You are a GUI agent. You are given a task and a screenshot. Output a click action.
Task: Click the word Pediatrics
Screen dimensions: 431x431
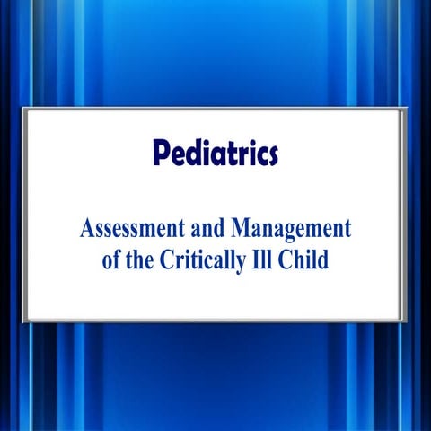click(x=215, y=154)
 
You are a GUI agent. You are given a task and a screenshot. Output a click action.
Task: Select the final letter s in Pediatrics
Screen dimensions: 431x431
click(x=271, y=155)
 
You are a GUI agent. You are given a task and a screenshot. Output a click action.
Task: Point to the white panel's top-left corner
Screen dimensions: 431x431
click(x=24, y=109)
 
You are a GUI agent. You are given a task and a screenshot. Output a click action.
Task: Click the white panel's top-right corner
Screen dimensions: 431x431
click(x=406, y=109)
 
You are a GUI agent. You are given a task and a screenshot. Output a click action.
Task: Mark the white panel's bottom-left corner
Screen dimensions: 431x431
click(x=24, y=320)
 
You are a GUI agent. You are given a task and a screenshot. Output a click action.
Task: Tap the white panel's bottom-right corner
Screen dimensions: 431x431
click(x=406, y=320)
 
